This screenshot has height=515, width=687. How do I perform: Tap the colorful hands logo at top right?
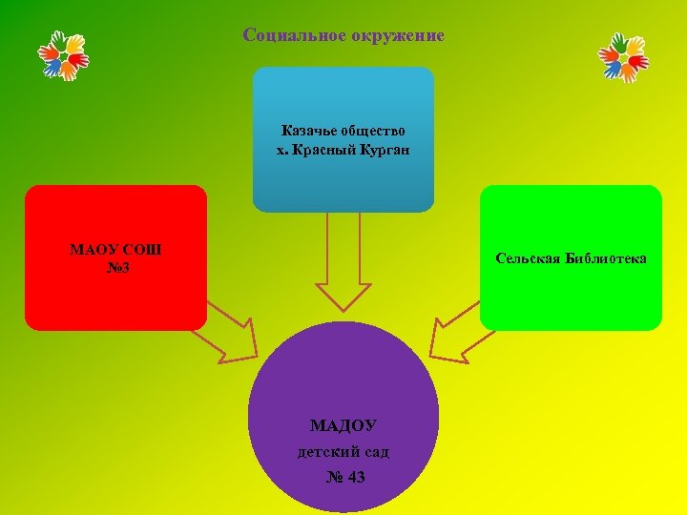pos(622,55)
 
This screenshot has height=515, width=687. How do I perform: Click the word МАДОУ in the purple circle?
pos(343,425)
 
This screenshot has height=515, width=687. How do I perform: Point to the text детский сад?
pos(343,451)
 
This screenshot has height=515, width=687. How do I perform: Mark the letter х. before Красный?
pos(282,150)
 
